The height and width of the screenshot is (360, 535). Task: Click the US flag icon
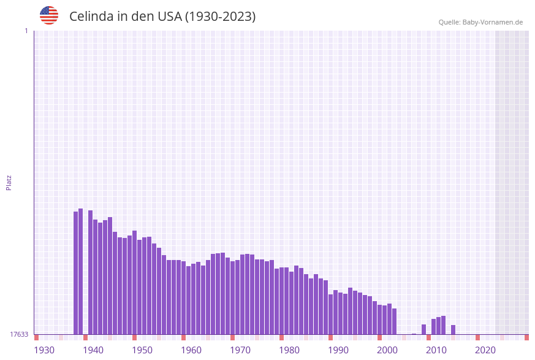pyautogui.click(x=49, y=15)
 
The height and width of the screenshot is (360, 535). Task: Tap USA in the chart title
pyautogui.click(x=169, y=17)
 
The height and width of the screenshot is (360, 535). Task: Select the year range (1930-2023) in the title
pyautogui.click(x=221, y=17)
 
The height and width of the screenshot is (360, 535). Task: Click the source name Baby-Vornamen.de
pyautogui.click(x=493, y=22)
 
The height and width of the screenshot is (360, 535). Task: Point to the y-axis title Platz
pyautogui.click(x=9, y=182)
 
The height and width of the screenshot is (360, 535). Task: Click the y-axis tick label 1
pyautogui.click(x=26, y=31)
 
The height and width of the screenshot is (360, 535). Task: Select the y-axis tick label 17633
pyautogui.click(x=19, y=334)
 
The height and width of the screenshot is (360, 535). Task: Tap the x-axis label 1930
pyautogui.click(x=44, y=350)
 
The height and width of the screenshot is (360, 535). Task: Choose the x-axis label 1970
pyautogui.click(x=240, y=350)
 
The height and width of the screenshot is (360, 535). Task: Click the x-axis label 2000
pyautogui.click(x=387, y=350)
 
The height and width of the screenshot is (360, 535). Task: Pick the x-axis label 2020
pyautogui.click(x=485, y=350)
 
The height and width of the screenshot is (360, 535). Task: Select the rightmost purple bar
pyautogui.click(x=453, y=330)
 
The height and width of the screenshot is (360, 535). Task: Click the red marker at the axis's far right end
pyautogui.click(x=526, y=337)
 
